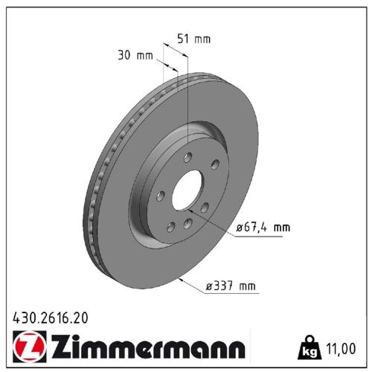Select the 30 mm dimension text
click(135, 55)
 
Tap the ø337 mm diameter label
click(231, 285)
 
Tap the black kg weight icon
click(307, 347)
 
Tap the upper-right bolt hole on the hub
click(214, 165)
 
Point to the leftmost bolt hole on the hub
click(161, 196)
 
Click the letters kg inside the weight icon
click(307, 350)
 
